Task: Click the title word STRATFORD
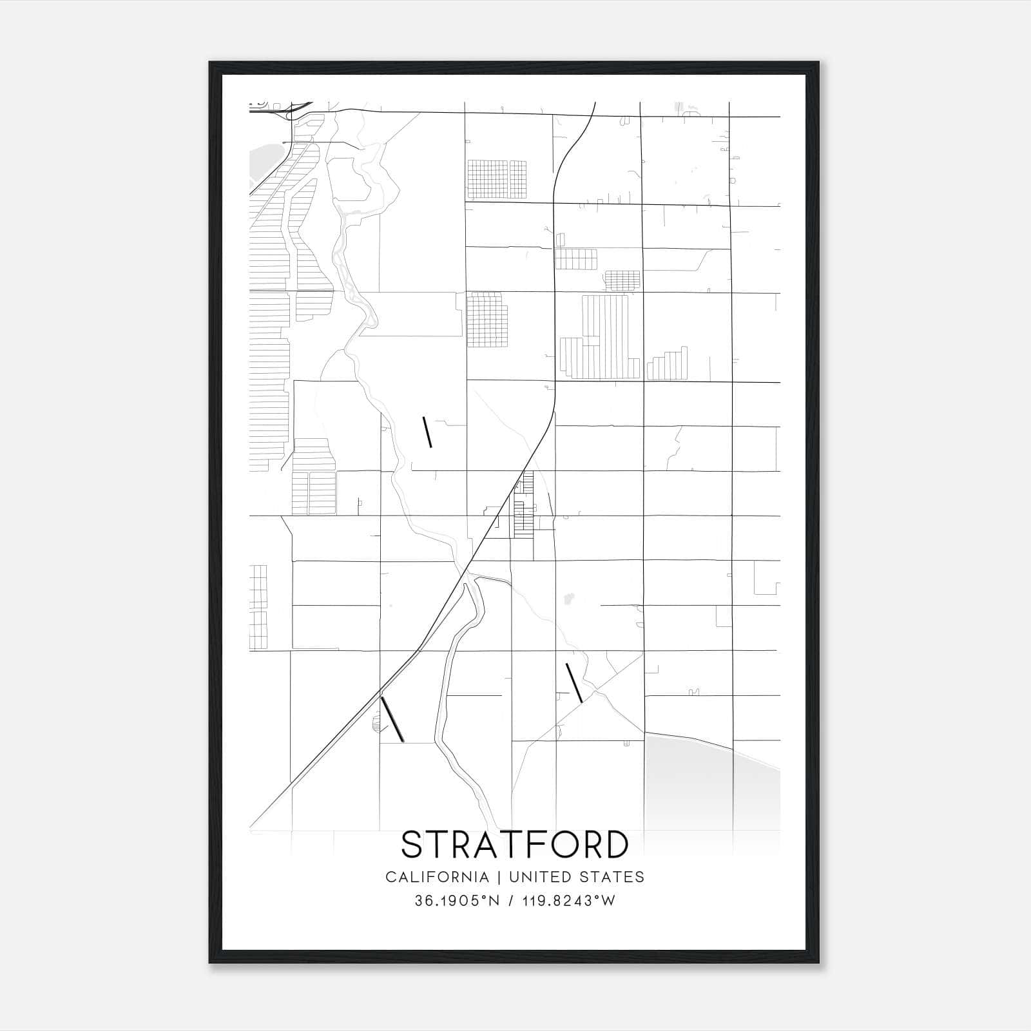click(x=515, y=844)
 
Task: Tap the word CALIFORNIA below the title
click(x=437, y=877)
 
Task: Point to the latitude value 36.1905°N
click(x=457, y=901)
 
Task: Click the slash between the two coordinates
click(x=512, y=901)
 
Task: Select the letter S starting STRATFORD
click(x=412, y=844)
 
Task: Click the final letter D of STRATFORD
click(x=617, y=844)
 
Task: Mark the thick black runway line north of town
click(x=427, y=432)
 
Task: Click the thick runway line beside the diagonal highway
click(x=392, y=719)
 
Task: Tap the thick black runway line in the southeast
click(x=574, y=682)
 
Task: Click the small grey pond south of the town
click(x=568, y=599)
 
